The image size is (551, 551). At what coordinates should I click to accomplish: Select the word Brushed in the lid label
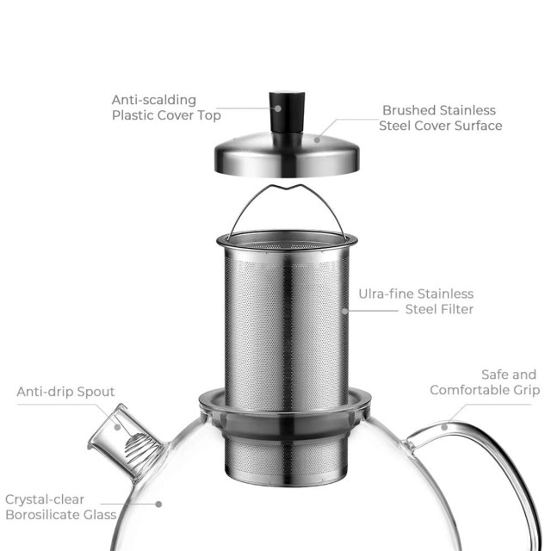[408, 111]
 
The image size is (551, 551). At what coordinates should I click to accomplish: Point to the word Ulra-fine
[387, 294]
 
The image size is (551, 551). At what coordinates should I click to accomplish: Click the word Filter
[454, 309]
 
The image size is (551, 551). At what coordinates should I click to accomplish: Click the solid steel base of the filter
[284, 443]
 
